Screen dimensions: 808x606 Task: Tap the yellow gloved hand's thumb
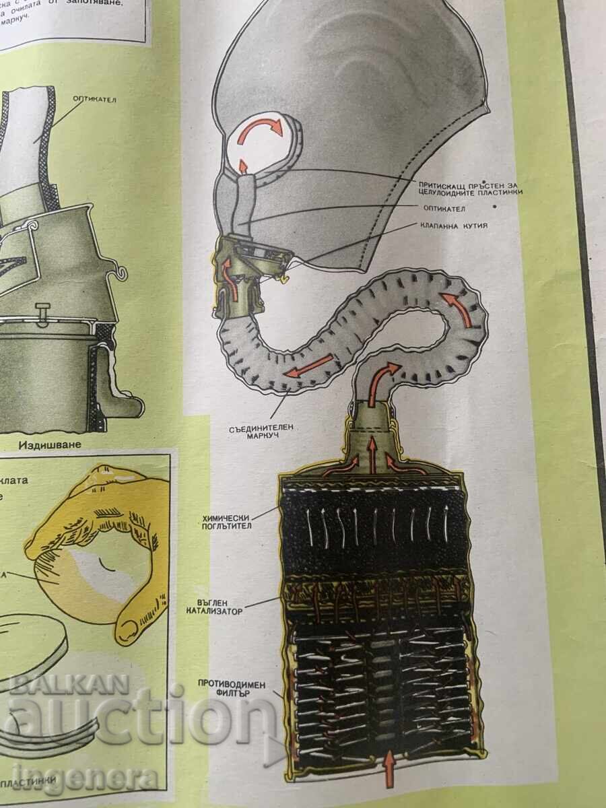137,613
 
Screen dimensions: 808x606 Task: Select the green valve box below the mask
239,269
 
